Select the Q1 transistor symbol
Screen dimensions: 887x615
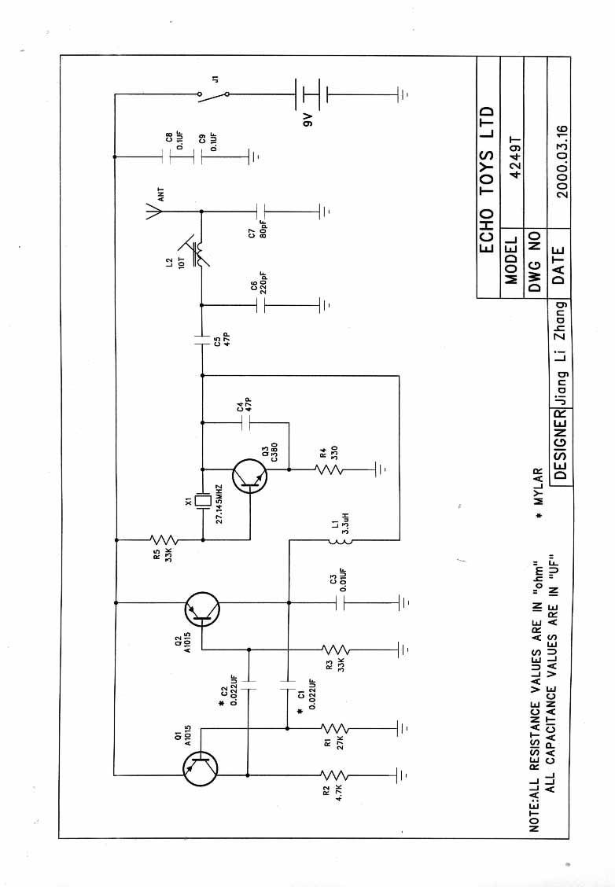click(x=201, y=768)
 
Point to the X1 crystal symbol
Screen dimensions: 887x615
click(x=202, y=500)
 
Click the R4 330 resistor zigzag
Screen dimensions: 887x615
click(x=330, y=470)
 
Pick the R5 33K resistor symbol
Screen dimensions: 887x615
click(x=164, y=539)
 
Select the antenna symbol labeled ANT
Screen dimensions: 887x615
click(x=153, y=210)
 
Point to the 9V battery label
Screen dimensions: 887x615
click(x=309, y=120)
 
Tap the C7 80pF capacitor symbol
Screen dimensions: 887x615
click(x=263, y=211)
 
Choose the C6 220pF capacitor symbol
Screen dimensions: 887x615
click(x=263, y=304)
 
